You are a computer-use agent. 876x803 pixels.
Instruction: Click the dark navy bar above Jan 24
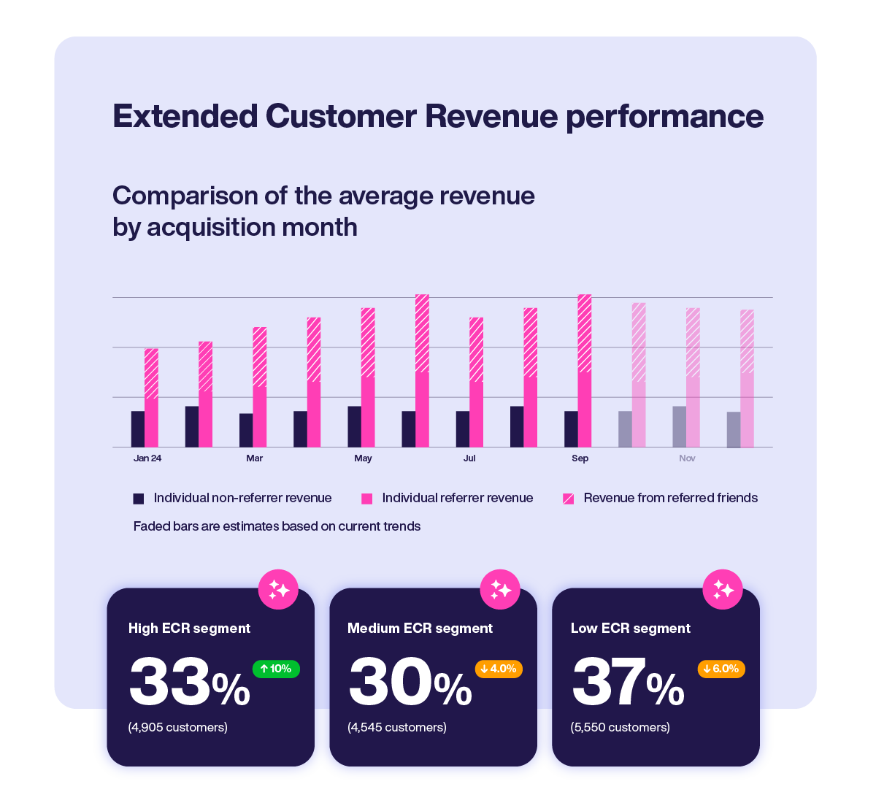[138, 429]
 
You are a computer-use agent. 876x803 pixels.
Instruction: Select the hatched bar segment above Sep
[585, 334]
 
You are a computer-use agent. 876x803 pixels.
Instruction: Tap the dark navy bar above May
[355, 427]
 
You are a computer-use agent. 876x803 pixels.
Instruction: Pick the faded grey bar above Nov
[679, 427]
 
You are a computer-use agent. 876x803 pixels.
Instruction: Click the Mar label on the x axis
[254, 458]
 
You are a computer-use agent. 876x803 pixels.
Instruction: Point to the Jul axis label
[469, 458]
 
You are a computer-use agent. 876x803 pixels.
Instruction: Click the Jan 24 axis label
[147, 458]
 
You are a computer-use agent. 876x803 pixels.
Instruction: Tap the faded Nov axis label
[687, 458]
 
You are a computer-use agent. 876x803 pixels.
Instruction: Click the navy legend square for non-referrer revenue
[139, 499]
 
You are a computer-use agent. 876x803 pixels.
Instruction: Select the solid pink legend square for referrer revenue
[367, 499]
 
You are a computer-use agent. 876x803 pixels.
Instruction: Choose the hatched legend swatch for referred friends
[568, 499]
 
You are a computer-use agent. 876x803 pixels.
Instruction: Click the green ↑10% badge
[276, 669]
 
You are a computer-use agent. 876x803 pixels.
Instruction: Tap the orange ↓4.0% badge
[499, 669]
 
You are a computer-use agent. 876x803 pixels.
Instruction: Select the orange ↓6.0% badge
[721, 669]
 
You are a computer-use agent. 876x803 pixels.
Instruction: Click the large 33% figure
[189, 683]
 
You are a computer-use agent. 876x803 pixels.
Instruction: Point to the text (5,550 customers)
[620, 727]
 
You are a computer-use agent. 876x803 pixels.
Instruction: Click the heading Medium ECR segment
[420, 629]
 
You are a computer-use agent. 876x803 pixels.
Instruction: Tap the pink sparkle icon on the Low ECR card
[723, 589]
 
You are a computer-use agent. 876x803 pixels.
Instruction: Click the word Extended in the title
[185, 117]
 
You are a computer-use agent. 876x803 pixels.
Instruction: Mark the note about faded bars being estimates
[277, 526]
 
